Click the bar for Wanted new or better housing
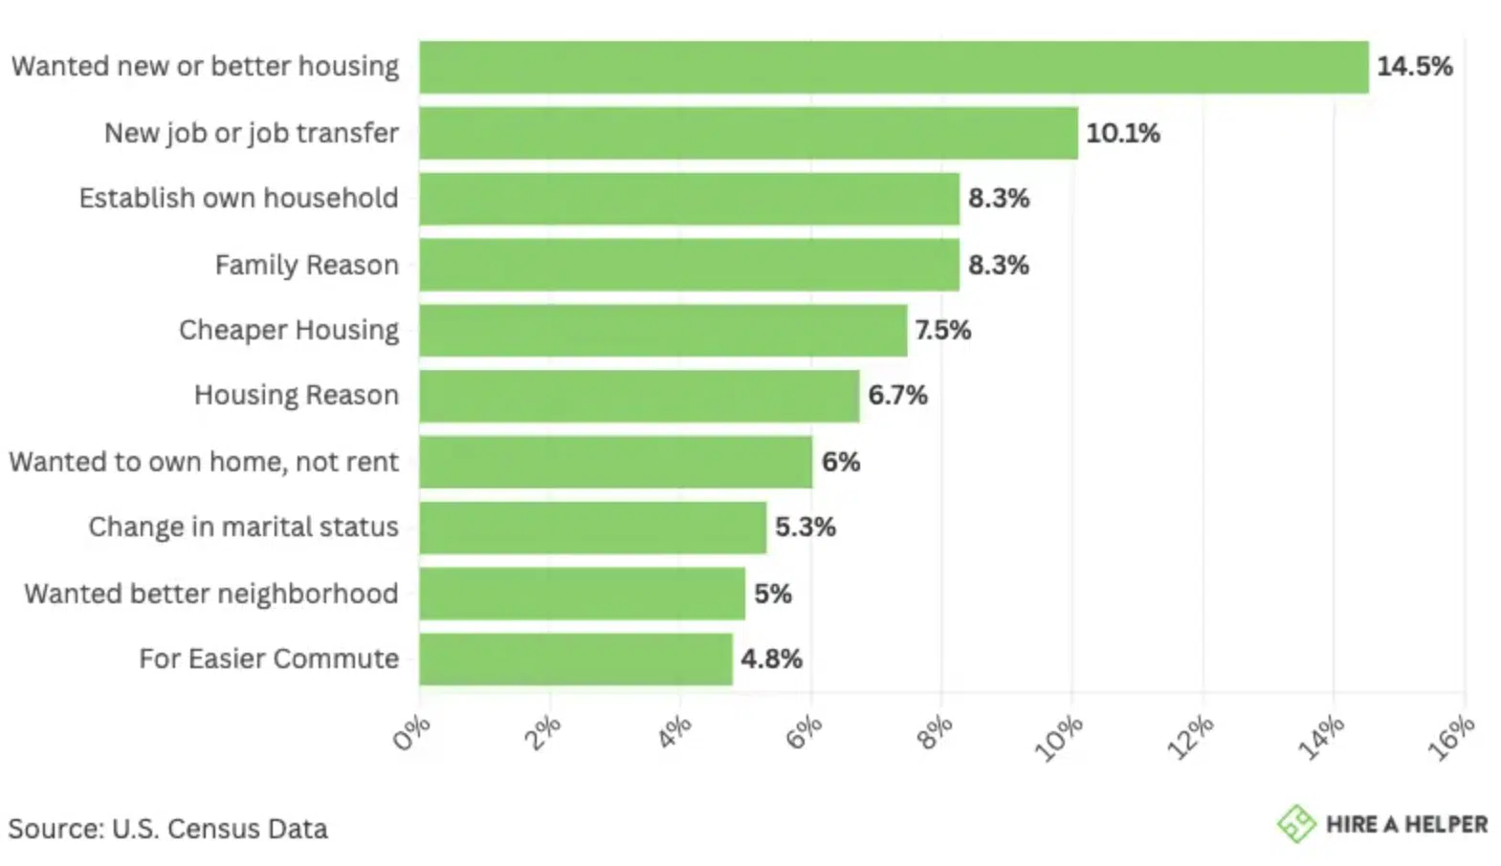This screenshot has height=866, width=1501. coord(894,67)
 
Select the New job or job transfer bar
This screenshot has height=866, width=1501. coord(748,133)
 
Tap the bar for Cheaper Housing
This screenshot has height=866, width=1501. coord(663,331)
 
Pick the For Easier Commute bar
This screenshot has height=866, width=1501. coord(576,660)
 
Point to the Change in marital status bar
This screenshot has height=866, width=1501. coord(592,528)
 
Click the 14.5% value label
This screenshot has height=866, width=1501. coord(1414,67)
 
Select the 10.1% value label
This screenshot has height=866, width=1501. coord(1122,133)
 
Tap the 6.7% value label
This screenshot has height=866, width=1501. coord(897,396)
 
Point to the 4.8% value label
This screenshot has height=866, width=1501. coord(771,660)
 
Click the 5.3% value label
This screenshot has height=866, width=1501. coord(805,528)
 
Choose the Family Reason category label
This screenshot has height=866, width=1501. coord(306,265)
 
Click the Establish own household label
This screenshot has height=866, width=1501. coord(238,199)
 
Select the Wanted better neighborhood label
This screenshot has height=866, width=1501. coord(211,594)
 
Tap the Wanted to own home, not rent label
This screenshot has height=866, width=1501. coord(204,462)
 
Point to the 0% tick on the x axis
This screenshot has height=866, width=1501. coord(412,734)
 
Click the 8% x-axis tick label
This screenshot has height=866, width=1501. coord(935,734)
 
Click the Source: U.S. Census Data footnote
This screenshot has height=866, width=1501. coord(167,829)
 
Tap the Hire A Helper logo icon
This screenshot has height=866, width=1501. coord(1296,824)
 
